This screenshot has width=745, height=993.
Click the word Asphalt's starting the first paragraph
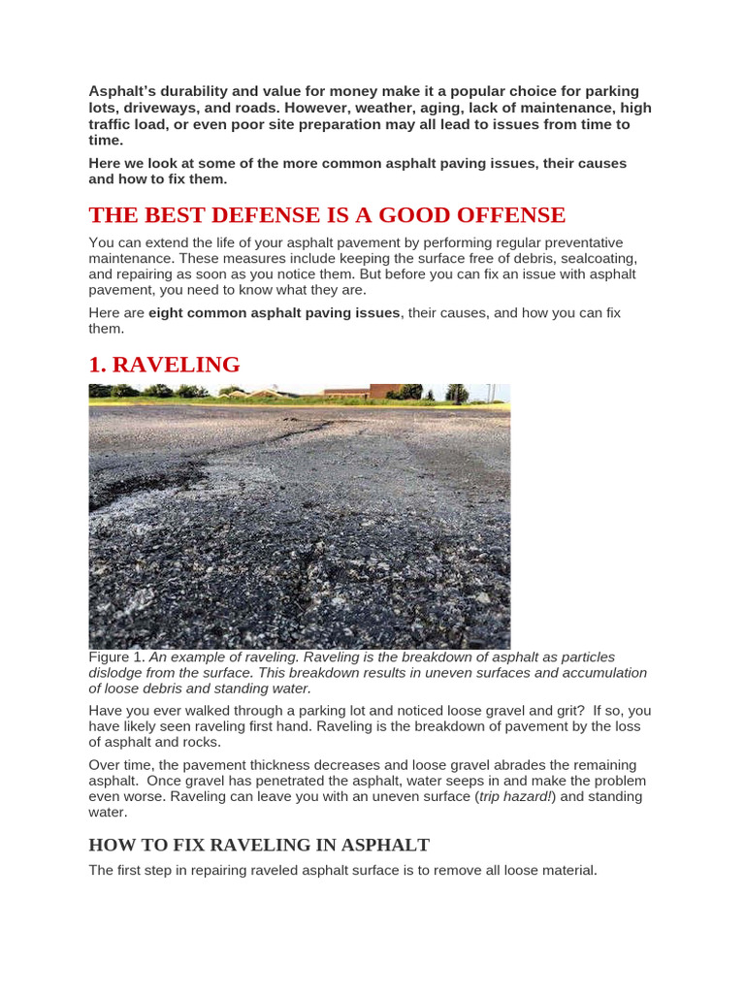coord(121,91)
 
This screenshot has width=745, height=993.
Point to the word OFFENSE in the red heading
coord(496,214)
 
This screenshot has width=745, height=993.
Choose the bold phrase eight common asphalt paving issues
coord(274,312)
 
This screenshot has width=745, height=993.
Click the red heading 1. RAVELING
coord(164,365)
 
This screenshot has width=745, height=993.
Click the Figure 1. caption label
coord(116,657)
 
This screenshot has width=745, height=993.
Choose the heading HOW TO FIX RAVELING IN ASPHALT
coord(259,845)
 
